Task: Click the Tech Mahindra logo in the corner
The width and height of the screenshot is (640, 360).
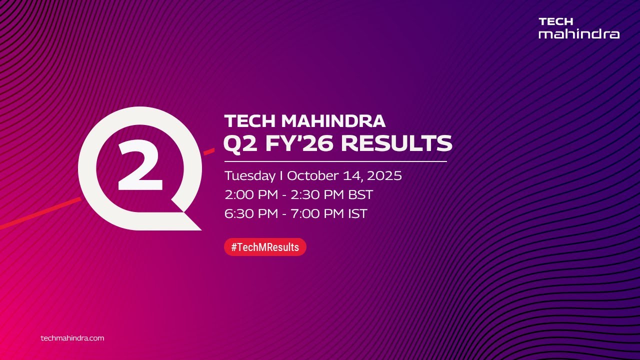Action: click(x=578, y=28)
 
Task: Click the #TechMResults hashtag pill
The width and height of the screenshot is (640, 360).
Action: click(x=265, y=247)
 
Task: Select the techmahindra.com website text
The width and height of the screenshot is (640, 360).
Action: click(x=72, y=338)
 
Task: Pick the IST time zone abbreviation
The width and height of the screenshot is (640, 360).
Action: click(x=356, y=214)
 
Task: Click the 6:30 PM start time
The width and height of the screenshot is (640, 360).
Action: click(x=250, y=214)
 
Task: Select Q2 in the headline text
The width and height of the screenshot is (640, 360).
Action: click(x=239, y=143)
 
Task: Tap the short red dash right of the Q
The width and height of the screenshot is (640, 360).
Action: click(x=209, y=150)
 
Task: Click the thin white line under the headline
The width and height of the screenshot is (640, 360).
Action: click(x=335, y=161)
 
